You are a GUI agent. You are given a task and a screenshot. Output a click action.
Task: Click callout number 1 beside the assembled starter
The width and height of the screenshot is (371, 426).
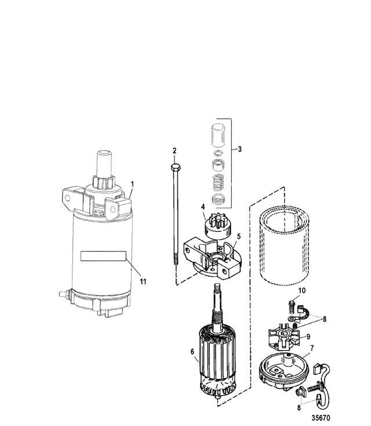[132, 184]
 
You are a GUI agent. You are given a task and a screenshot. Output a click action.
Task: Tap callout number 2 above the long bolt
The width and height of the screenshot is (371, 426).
[174, 151]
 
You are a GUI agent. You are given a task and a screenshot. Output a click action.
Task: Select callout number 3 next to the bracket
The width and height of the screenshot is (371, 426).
[239, 149]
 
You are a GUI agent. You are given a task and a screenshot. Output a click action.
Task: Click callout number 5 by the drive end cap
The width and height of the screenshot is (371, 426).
[239, 236]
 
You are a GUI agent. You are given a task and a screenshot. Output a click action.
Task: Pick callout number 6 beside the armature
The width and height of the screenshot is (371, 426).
[192, 352]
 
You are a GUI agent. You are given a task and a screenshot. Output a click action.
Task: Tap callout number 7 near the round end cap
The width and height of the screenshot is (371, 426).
[312, 348]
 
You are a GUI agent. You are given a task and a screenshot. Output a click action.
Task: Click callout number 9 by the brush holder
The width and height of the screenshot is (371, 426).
[308, 337]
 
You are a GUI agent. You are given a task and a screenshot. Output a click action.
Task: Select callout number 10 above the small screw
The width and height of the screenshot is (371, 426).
[301, 291]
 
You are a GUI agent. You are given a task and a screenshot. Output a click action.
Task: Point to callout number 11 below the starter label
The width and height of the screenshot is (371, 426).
[143, 282]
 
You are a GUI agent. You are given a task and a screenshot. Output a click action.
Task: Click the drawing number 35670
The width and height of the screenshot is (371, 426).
[321, 417]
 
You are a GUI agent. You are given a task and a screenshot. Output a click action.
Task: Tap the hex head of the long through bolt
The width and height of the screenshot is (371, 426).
[176, 166]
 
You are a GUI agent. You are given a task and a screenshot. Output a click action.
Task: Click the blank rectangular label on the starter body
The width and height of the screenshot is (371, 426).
[103, 256]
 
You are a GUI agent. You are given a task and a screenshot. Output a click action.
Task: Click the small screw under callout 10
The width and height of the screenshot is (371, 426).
[292, 307]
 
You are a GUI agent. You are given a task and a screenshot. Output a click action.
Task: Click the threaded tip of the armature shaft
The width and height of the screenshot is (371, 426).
[217, 287]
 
